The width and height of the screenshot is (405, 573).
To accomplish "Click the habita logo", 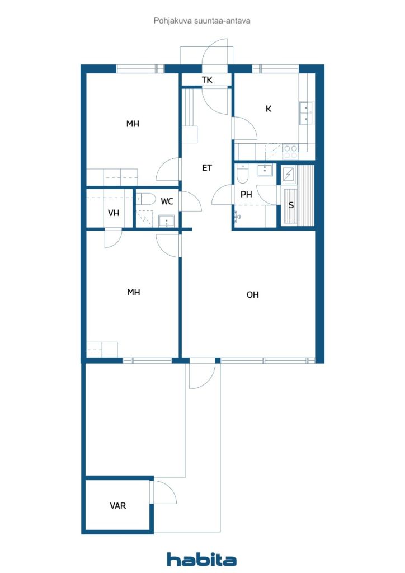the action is pyautogui.click(x=201, y=559).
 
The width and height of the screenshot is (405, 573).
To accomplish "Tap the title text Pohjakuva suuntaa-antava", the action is pyautogui.click(x=202, y=21).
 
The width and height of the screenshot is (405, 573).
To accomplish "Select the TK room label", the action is pyautogui.click(x=207, y=79).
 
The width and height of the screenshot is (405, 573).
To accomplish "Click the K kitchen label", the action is pyautogui.click(x=269, y=109).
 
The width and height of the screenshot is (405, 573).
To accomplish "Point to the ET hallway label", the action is pyautogui.click(x=207, y=168).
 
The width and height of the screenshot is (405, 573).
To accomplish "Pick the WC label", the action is pyautogui.click(x=167, y=201).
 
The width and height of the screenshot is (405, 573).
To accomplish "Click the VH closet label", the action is pyautogui.click(x=114, y=213).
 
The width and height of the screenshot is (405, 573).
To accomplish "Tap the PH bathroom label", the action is pyautogui.click(x=246, y=194).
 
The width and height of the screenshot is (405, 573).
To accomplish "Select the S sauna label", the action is pyautogui.click(x=291, y=205).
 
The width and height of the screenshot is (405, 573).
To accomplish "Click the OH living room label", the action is pyautogui.click(x=253, y=294).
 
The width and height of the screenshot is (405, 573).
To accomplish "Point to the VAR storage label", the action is pyautogui.click(x=118, y=506).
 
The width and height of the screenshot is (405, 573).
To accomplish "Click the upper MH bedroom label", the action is pyautogui.click(x=133, y=124).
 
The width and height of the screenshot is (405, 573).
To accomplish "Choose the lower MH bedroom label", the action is pyautogui.click(x=134, y=292).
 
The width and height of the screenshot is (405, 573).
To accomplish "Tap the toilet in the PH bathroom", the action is pyautogui.click(x=242, y=173).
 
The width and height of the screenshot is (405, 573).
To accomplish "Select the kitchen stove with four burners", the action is pyautogui.click(x=291, y=152).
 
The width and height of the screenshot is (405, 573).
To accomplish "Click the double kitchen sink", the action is pyautogui.click(x=306, y=113).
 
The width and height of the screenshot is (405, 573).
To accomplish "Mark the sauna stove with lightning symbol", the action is pyautogui.click(x=289, y=175).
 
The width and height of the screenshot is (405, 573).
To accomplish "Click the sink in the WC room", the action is pyautogui.click(x=167, y=220).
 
